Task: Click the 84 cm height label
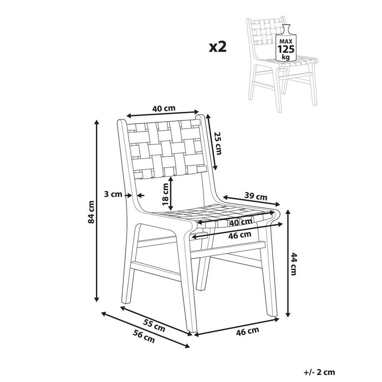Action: coord(91,212)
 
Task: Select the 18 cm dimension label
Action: coord(166,194)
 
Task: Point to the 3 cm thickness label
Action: coord(113,194)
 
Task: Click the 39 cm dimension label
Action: coord(256,196)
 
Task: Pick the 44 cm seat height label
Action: coord(294,264)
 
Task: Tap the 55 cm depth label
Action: coord(154,326)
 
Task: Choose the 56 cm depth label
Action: coord(144,336)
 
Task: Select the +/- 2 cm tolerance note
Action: coord(319,372)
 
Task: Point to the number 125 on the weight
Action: coord(286,49)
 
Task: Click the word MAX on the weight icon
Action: coord(286,42)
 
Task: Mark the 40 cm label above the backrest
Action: coord(164,108)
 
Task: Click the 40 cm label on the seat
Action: coord(241,222)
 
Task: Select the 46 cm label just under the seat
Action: coord(240,235)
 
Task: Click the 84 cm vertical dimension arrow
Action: coord(97,211)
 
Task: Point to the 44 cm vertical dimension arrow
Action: coord(288,263)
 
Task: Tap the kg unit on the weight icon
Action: coord(286,57)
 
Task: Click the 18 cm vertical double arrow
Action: coord(171,193)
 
